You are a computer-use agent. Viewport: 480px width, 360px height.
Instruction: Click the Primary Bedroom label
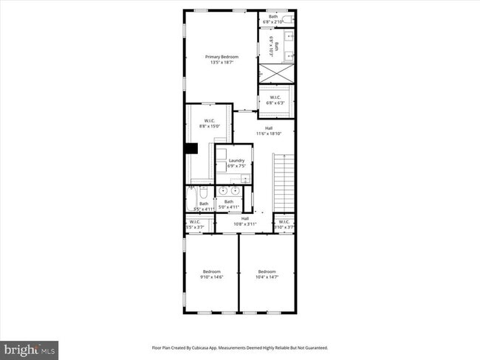click(x=221, y=57)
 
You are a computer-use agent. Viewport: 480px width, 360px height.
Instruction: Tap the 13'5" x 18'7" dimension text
click(x=221, y=63)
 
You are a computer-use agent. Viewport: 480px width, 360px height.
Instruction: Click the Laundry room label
click(x=236, y=161)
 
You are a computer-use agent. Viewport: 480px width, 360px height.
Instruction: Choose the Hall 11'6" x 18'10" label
click(x=264, y=131)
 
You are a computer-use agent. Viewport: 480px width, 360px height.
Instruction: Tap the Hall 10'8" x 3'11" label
click(x=244, y=221)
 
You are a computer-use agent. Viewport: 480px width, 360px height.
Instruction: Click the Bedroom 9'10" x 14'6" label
click(x=211, y=274)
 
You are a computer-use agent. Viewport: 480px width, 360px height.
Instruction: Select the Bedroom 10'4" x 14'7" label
click(x=267, y=274)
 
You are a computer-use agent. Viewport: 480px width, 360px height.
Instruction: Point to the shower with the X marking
click(x=276, y=74)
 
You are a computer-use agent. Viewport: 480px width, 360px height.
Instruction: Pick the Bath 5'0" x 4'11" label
click(x=229, y=203)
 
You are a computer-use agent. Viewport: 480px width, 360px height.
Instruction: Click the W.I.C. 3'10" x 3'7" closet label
click(x=284, y=224)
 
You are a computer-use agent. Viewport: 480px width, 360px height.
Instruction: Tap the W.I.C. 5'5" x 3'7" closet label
click(x=195, y=224)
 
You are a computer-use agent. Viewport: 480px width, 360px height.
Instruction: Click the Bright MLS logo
click(x=30, y=348)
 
